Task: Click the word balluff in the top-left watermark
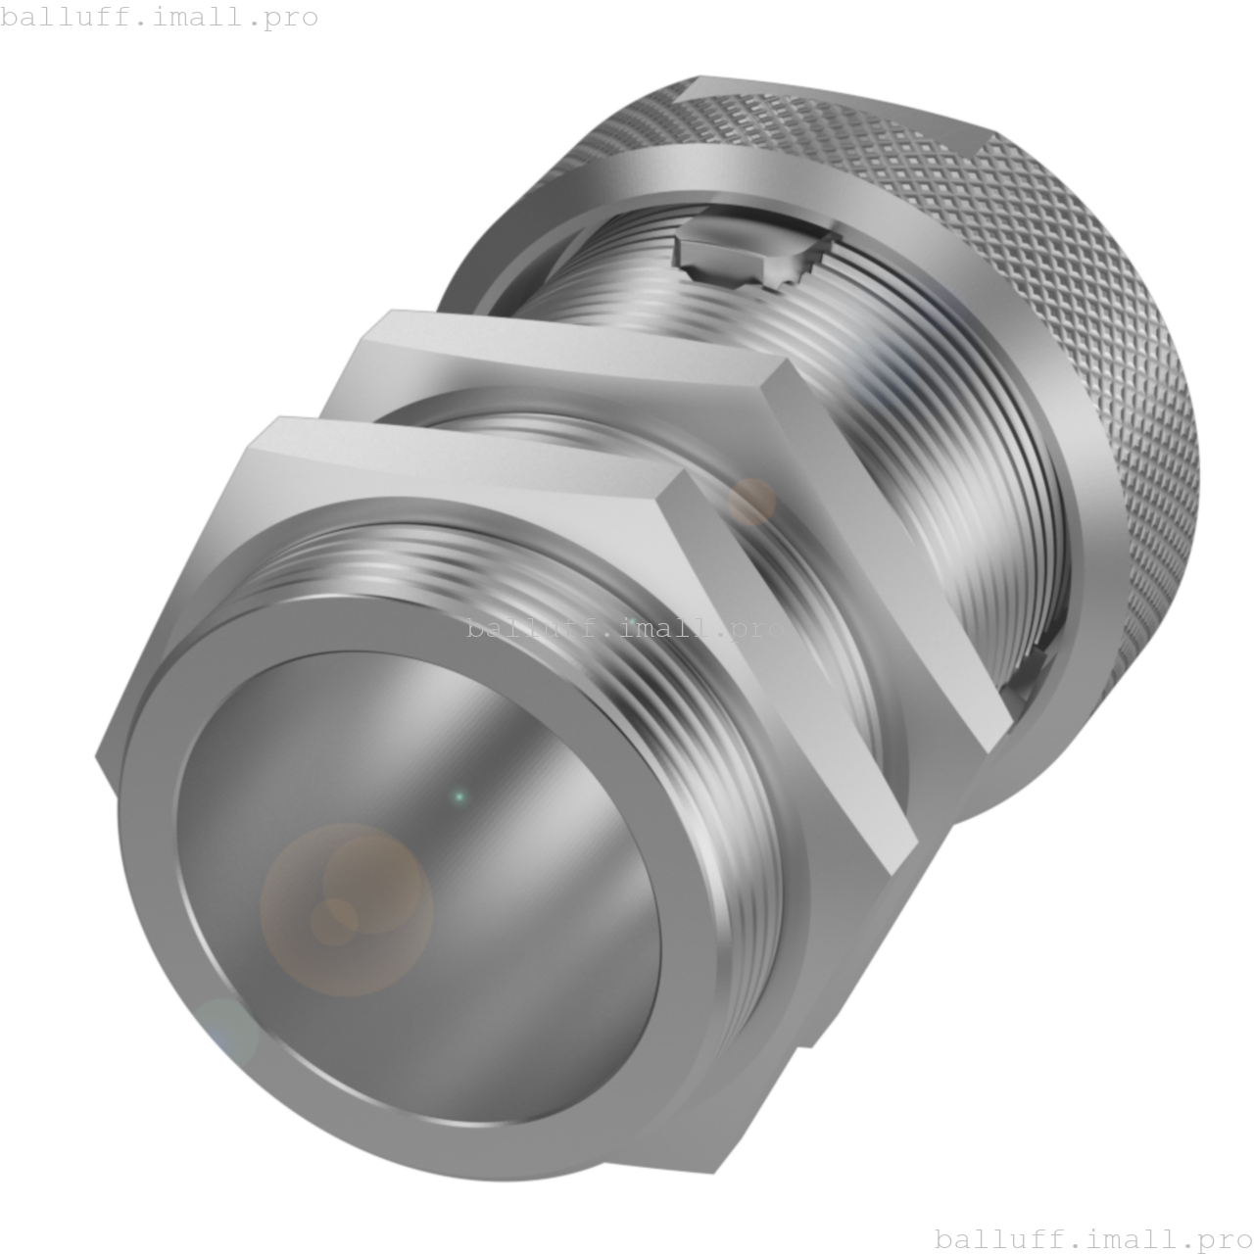[x=58, y=17]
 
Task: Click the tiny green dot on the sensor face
[x=458, y=797]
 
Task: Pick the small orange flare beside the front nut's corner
[x=751, y=503]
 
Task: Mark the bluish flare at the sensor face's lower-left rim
[x=224, y=1031]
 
